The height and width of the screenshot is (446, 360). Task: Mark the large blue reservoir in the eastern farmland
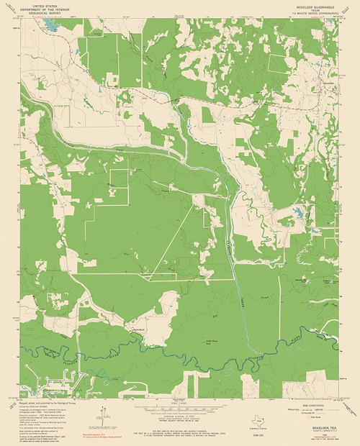click(315, 230)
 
